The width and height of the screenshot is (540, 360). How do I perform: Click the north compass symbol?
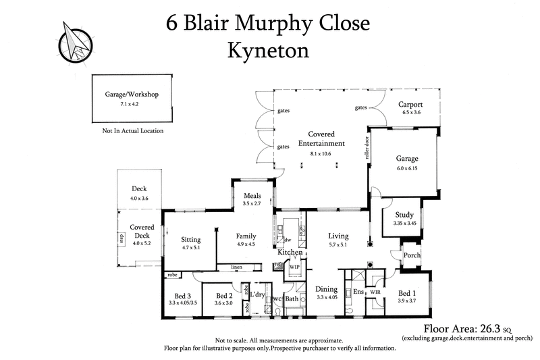click(74, 42)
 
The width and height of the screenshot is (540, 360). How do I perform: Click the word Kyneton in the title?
click(269, 50)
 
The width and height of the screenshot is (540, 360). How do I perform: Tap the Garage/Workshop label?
click(132, 95)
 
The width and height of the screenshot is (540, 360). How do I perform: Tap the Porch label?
click(411, 255)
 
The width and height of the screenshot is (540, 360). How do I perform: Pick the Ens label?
click(358, 292)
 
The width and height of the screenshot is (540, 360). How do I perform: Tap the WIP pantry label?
click(294, 267)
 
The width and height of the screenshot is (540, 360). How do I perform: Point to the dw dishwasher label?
click(287, 240)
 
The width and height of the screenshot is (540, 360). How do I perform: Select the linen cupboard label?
click(236, 267)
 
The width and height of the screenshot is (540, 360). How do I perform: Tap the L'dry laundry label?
click(257, 294)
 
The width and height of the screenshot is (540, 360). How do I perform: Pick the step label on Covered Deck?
click(122, 236)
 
